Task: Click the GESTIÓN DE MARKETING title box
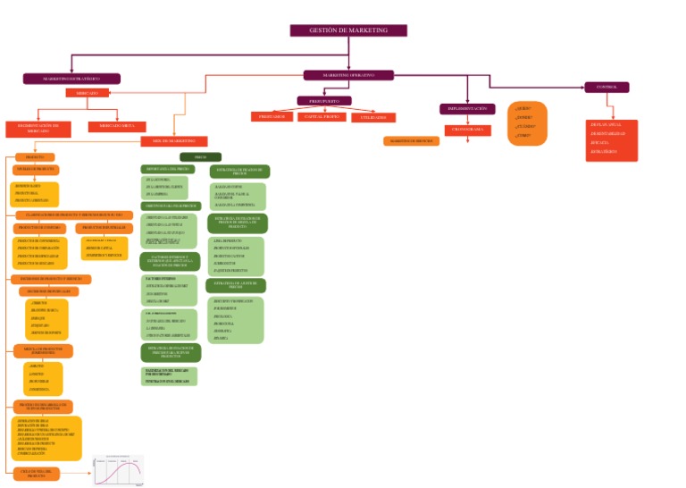pos(348,30)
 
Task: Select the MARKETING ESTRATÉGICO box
pos(71,79)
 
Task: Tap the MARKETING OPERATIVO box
pos(348,75)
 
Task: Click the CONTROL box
pos(607,87)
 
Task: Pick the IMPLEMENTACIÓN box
pos(467,109)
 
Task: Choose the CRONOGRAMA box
pos(467,130)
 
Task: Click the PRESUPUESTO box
pos(324,101)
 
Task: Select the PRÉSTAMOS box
pos(272,117)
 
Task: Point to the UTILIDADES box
pos(373,117)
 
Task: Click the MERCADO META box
pos(117,127)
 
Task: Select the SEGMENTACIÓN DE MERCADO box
pos(38,129)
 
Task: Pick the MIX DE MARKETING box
pos(174,141)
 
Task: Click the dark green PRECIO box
pos(200,156)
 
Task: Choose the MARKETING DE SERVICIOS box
pos(412,141)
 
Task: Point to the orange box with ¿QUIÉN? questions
pos(527,123)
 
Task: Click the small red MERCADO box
pos(87,93)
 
